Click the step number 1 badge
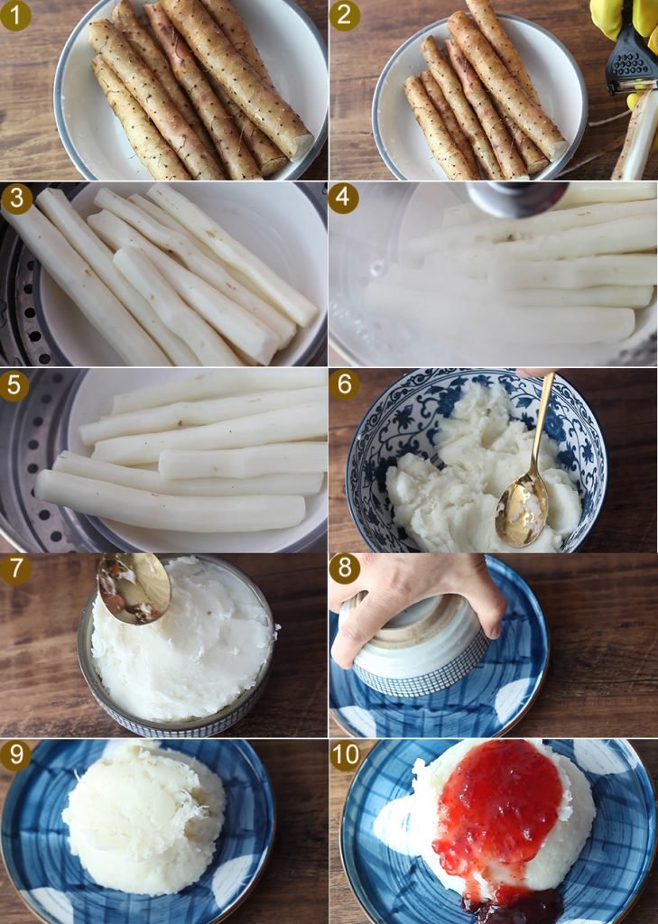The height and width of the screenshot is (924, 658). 15,15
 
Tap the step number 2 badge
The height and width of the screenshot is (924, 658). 344,15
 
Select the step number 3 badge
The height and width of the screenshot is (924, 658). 16,199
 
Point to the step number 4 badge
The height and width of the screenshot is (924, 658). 343,199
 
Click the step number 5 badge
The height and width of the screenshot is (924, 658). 14,385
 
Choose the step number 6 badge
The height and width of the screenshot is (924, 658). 344,384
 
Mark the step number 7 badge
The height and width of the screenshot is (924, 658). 15,569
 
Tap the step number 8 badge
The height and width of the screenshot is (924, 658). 344,569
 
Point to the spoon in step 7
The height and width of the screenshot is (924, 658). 134,587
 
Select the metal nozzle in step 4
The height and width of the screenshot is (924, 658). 516,199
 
